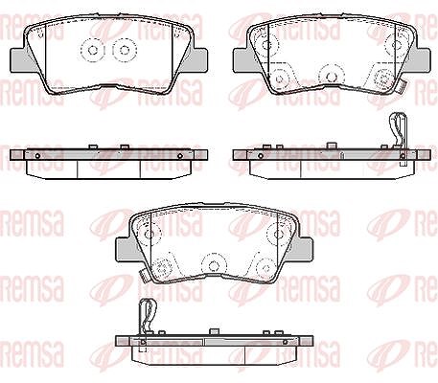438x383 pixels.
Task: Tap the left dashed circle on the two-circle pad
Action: (93, 50)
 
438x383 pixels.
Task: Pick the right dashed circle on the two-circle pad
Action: (125, 50)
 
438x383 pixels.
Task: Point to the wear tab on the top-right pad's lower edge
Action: (403, 87)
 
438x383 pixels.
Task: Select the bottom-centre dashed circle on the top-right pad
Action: (331, 76)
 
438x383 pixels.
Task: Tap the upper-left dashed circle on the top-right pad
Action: (265, 44)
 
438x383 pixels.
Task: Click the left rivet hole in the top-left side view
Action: (37, 156)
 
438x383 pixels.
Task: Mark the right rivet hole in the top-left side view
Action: (180, 156)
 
